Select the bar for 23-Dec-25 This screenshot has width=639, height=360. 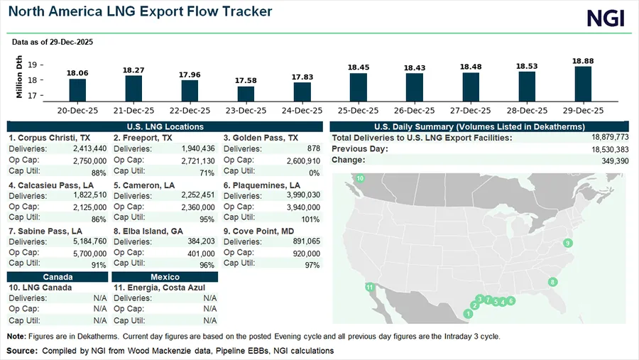[246, 94]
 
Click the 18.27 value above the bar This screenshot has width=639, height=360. [133, 70]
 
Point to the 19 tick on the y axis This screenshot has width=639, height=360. [32, 65]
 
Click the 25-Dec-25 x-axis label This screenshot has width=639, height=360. [358, 111]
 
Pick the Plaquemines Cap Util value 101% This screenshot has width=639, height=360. [310, 219]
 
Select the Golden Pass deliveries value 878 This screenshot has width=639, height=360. [312, 148]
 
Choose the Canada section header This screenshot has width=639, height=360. [58, 276]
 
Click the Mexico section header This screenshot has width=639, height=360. [165, 276]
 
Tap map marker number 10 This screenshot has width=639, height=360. [360, 178]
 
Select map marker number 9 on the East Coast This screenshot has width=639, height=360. [567, 244]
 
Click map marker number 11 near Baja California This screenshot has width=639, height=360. [369, 287]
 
